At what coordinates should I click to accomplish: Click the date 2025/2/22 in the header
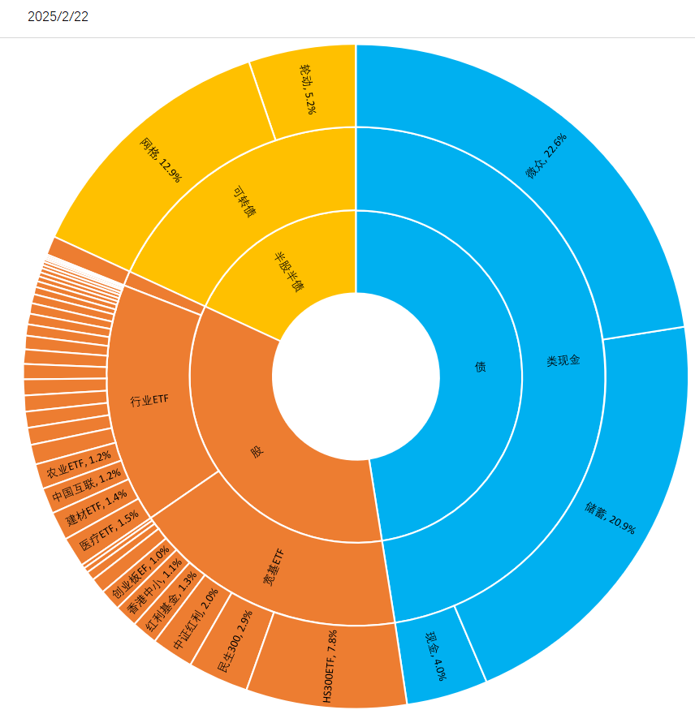tap(58, 17)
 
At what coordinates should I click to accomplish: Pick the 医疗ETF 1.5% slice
tap(104, 533)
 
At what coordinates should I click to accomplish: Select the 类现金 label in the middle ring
tap(563, 360)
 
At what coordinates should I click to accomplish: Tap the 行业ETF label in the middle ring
tap(149, 401)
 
